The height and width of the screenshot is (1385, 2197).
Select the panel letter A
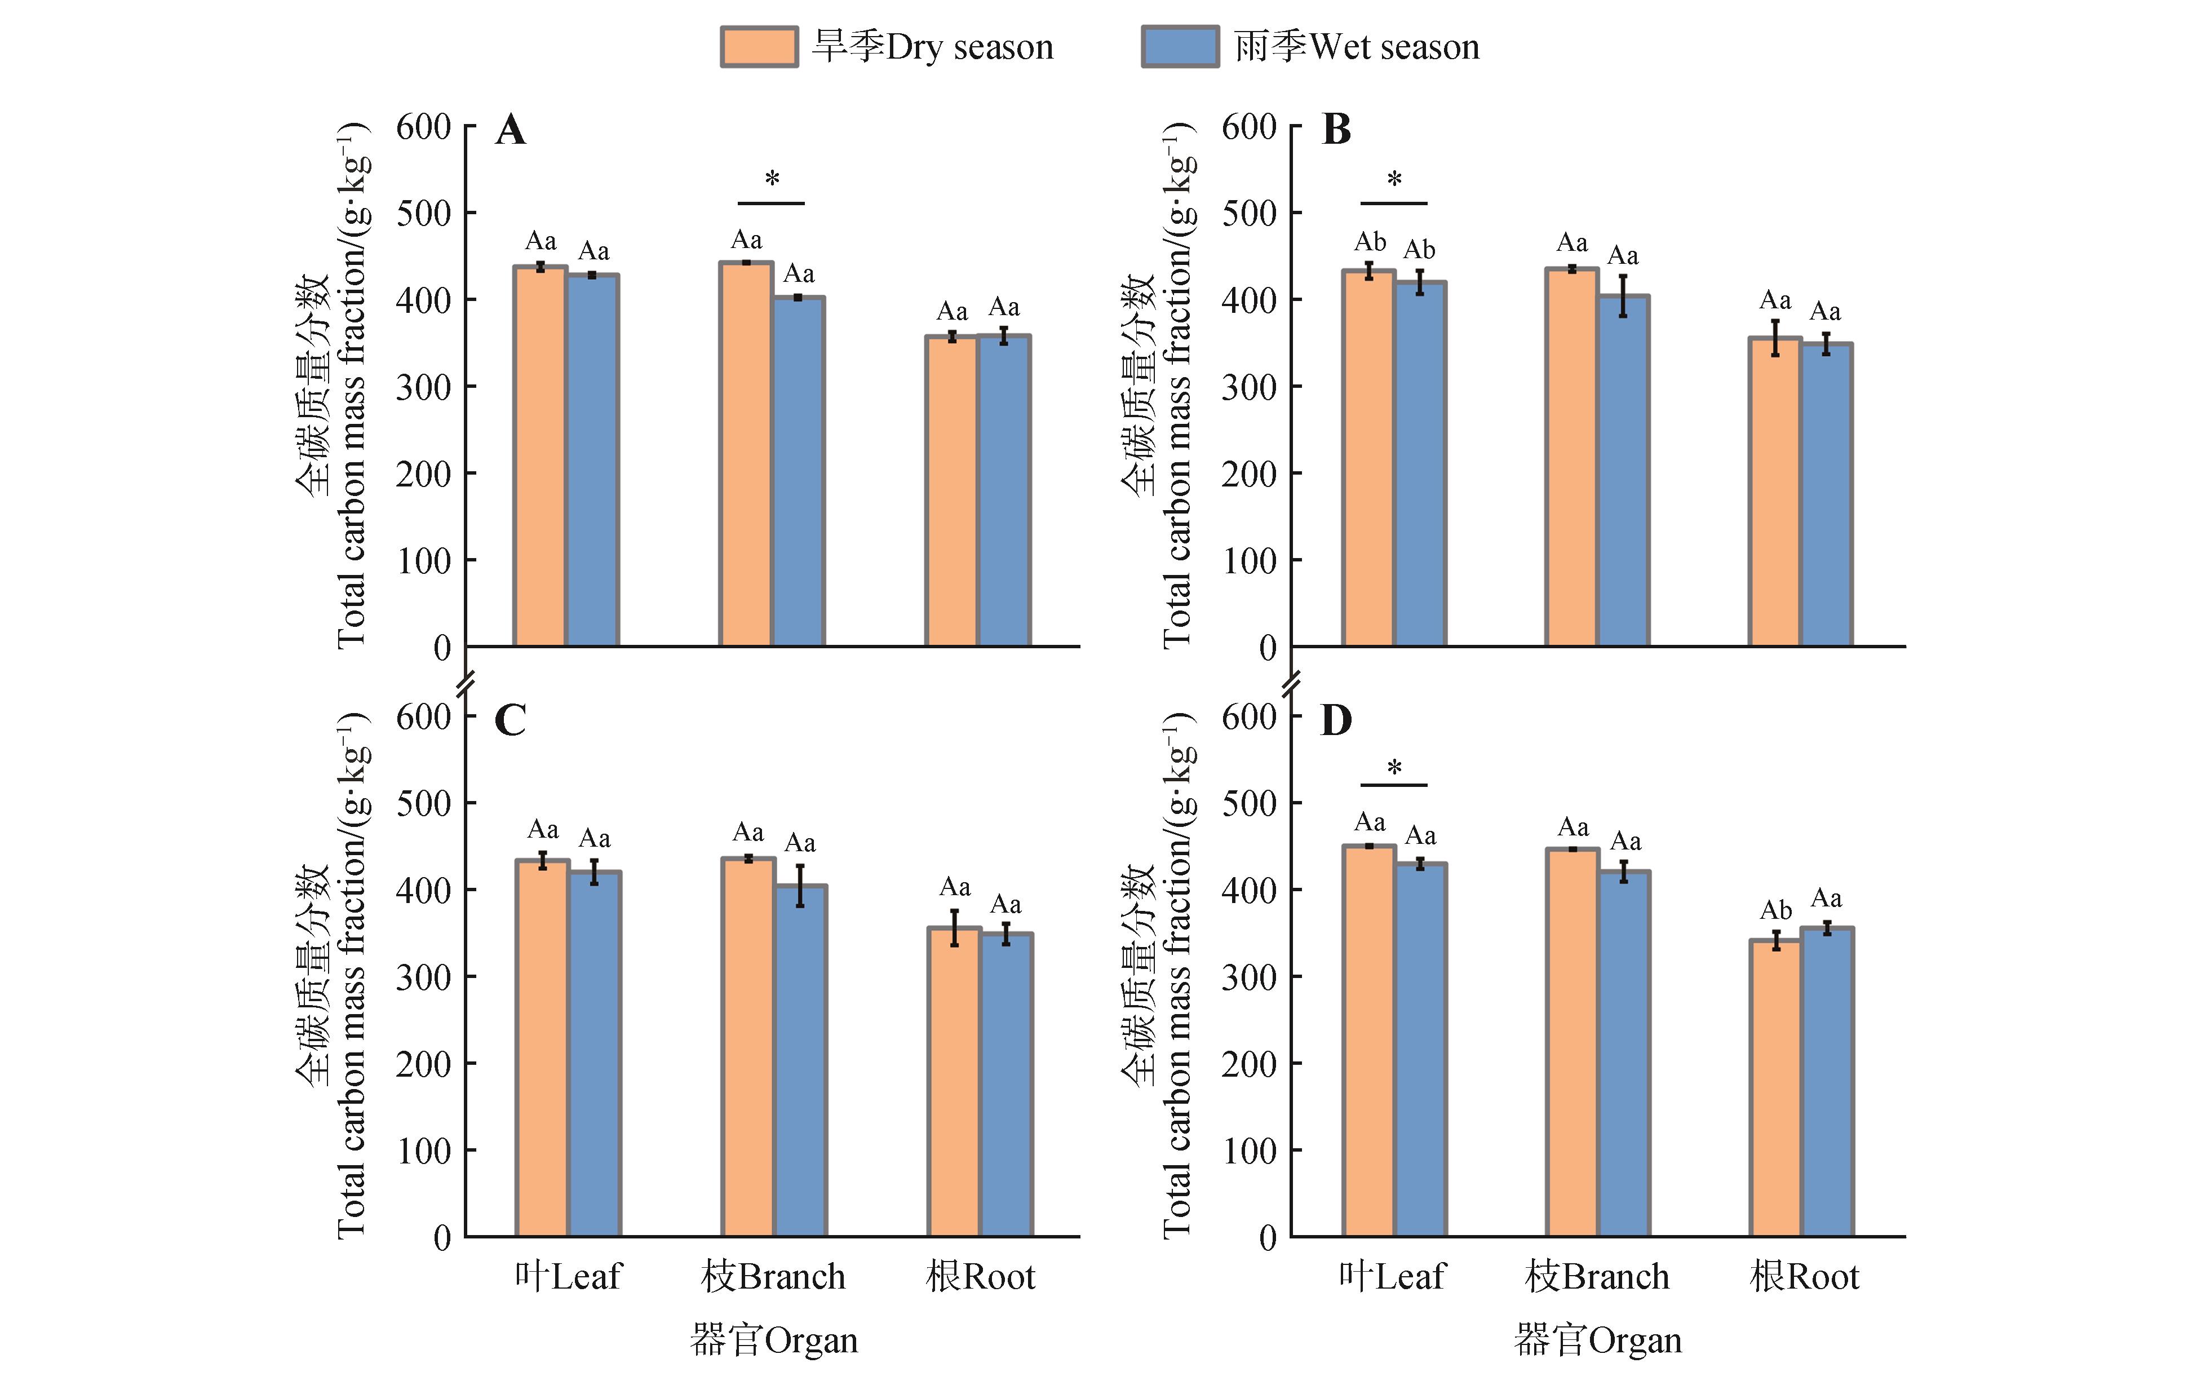point(511,130)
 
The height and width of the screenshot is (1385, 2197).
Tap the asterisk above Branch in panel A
point(772,179)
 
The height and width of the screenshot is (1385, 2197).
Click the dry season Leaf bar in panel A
point(540,456)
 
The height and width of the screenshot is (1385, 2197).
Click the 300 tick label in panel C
point(423,977)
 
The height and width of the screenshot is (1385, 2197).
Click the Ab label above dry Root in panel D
point(1775,910)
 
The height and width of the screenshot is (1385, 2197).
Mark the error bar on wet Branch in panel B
point(1623,295)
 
